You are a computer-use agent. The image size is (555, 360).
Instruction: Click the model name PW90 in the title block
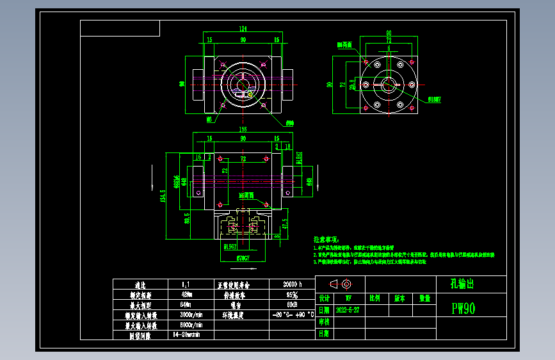click(x=463, y=309)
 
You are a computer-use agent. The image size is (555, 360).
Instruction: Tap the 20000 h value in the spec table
click(x=291, y=284)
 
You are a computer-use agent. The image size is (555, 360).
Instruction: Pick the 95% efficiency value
click(x=291, y=295)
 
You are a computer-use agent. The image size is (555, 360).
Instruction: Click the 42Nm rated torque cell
click(x=189, y=295)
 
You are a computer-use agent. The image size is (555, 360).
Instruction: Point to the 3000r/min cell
click(x=190, y=315)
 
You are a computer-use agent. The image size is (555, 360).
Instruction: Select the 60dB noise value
click(x=291, y=305)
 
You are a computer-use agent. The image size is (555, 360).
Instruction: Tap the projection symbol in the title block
click(x=340, y=284)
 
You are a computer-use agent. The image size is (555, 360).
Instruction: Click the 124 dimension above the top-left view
click(x=243, y=29)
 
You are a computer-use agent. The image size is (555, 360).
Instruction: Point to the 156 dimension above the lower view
click(x=243, y=129)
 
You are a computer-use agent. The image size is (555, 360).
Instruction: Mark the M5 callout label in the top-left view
click(x=209, y=119)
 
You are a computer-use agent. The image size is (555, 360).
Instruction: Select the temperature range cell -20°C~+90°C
click(x=291, y=315)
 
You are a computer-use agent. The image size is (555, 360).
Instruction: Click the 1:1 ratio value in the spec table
click(x=186, y=284)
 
